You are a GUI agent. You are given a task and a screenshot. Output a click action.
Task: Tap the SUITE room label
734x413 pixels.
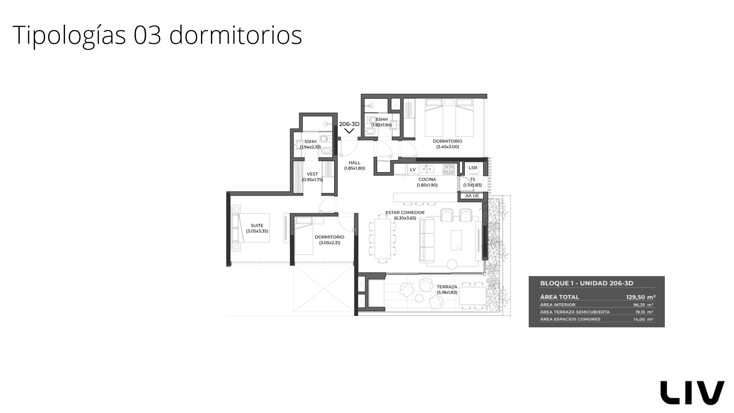tap(257, 226)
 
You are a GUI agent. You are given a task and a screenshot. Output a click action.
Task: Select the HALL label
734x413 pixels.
tap(354, 163)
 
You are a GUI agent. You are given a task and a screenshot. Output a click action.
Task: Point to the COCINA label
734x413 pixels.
tap(427, 179)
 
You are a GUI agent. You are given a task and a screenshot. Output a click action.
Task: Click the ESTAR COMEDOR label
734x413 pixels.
tap(405, 213)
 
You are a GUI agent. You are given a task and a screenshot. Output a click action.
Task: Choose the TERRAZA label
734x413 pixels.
tap(447, 287)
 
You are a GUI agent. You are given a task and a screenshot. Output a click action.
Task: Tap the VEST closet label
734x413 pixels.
tap(312, 174)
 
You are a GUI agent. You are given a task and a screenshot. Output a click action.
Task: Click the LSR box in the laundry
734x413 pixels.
tap(473, 168)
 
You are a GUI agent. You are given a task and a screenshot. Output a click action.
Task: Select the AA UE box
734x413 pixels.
tap(472, 196)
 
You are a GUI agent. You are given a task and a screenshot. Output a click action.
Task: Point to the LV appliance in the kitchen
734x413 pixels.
tap(412, 169)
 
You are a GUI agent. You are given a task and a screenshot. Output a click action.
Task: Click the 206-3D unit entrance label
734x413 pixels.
tap(349, 124)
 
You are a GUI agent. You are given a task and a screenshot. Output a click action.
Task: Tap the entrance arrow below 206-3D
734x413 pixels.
tap(349, 131)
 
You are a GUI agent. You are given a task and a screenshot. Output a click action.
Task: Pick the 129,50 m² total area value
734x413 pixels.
tap(641, 297)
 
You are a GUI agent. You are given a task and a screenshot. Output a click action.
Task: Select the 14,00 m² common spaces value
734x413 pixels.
tap(643, 319)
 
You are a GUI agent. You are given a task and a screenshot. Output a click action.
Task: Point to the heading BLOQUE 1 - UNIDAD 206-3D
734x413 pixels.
tap(586, 283)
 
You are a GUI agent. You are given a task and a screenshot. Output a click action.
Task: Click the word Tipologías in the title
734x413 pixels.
tap(69, 35)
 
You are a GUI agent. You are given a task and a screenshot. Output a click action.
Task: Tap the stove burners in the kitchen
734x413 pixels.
tap(449, 169)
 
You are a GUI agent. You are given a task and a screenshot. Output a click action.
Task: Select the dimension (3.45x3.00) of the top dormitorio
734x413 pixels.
tap(447, 147)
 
